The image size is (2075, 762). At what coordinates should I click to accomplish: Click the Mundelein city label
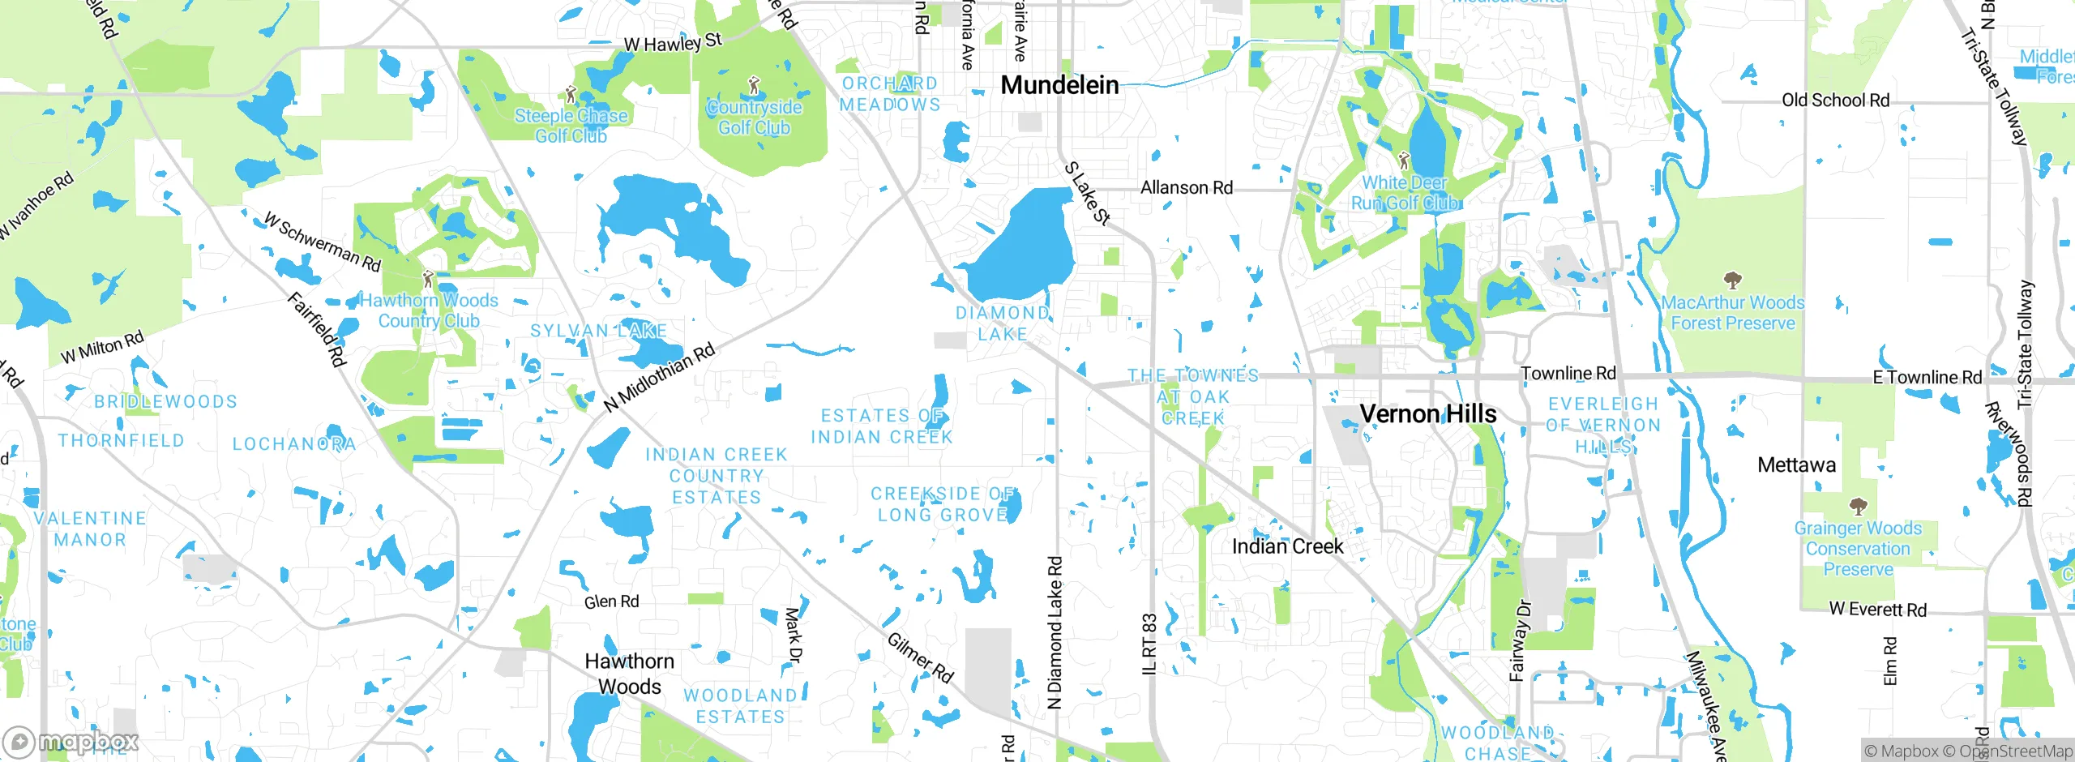pos(1059,85)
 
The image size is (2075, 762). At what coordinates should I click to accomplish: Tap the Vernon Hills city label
pos(1428,414)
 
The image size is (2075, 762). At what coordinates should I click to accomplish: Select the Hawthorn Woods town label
pos(630,674)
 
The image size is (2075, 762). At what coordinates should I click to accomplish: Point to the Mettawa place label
pos(1796,465)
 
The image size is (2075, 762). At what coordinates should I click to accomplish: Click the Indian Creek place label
pos(1287,547)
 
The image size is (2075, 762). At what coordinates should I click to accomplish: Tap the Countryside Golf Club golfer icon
pos(755,84)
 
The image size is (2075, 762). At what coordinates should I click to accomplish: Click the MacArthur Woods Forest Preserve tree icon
pos(1732,281)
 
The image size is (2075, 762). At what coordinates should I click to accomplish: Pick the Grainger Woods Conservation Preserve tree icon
pos(1858,507)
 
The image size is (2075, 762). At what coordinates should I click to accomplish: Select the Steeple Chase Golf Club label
pos(571,126)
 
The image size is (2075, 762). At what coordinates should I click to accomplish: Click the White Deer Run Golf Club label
pos(1405,193)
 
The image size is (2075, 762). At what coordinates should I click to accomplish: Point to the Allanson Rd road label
pos(1187,188)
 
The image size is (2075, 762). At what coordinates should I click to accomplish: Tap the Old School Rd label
pos(1835,101)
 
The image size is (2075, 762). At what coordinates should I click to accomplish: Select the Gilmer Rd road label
pos(920,657)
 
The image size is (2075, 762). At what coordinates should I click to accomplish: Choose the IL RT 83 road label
pos(1149,644)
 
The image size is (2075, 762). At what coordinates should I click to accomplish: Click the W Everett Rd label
pos(1877,610)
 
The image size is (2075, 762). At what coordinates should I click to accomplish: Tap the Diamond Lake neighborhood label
pos(1003,323)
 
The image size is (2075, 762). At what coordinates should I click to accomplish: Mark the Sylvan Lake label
pos(598,331)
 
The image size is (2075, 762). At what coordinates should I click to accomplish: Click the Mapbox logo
pos(71,742)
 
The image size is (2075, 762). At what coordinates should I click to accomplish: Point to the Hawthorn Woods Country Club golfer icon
pos(428,280)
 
